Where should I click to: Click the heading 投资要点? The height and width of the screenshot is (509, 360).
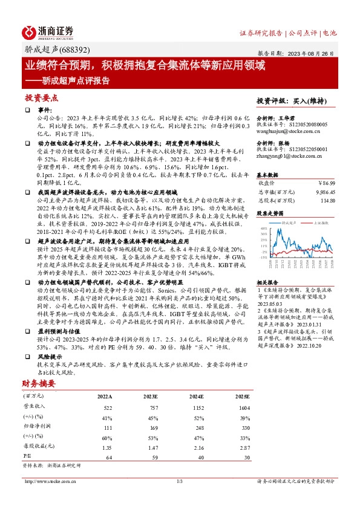click(x=41, y=97)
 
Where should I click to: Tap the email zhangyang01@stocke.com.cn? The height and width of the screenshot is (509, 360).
click(x=284, y=155)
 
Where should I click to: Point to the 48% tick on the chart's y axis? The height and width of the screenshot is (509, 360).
click(x=263, y=229)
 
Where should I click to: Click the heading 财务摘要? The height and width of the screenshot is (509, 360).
click(x=41, y=383)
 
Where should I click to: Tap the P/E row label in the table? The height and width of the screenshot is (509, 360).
click(x=27, y=457)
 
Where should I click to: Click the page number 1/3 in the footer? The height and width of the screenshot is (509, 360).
click(x=179, y=481)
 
